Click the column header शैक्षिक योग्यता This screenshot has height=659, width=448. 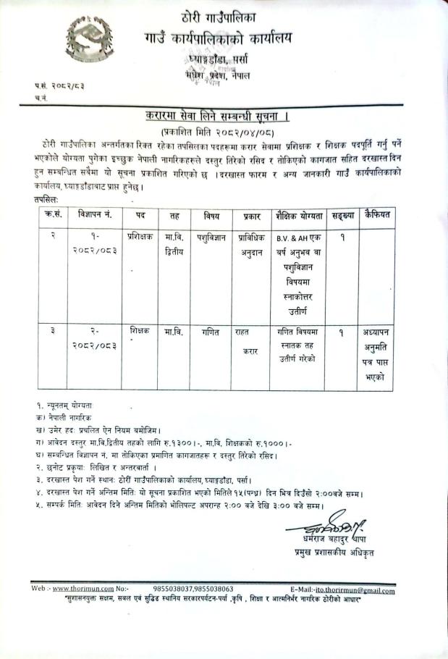[x=297, y=216]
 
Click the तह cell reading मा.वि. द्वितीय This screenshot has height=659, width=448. [x=174, y=243]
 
